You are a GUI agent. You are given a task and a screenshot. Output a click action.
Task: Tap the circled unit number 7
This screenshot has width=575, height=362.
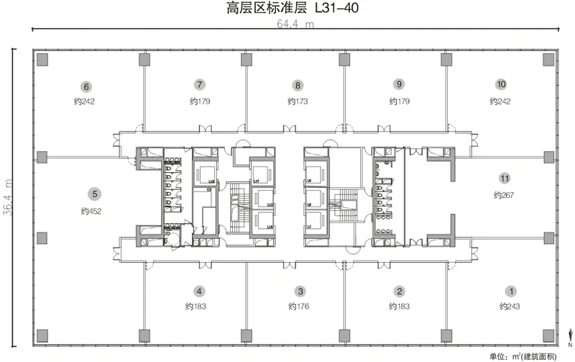[x=199, y=83]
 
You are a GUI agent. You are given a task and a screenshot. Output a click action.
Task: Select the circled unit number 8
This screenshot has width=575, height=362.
[x=297, y=83]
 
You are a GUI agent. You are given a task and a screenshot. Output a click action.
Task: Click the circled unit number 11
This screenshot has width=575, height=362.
[x=505, y=177]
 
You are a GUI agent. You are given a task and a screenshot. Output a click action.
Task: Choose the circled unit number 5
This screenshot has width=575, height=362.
[x=93, y=193]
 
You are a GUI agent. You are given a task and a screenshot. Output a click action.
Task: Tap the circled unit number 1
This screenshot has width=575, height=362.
[x=511, y=291]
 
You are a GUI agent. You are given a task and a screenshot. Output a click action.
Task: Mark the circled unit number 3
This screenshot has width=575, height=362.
[x=300, y=291]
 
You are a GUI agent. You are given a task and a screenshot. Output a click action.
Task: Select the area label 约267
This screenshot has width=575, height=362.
[x=505, y=195]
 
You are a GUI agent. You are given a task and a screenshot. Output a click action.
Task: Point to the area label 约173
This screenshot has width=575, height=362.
[x=297, y=101]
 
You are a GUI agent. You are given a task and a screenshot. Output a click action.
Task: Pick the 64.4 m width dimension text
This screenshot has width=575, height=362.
[x=296, y=24]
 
